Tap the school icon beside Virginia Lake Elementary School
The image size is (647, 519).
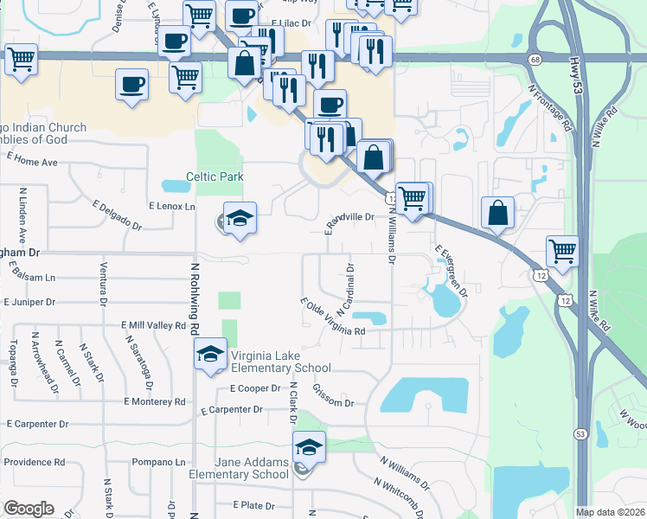pyautogui.click(x=209, y=354)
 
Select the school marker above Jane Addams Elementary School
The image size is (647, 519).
pyautogui.click(x=310, y=447)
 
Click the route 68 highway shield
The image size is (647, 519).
pyautogui.click(x=536, y=59)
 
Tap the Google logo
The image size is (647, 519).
pyautogui.click(x=28, y=509)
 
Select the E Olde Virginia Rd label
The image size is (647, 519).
pyautogui.click(x=332, y=317)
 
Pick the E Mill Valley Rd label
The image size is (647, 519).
pyautogui.click(x=154, y=326)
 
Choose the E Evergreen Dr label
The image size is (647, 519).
pyautogui.click(x=451, y=271)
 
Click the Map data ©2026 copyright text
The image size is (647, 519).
pyautogui.click(x=611, y=512)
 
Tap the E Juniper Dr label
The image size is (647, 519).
pyautogui.click(x=29, y=303)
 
